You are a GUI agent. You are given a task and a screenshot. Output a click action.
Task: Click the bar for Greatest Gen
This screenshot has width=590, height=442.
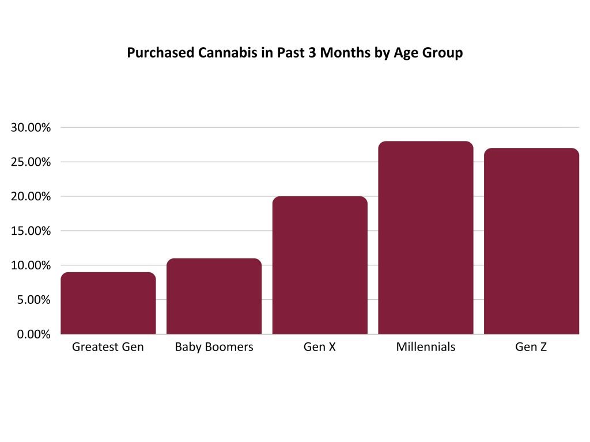[x=108, y=303]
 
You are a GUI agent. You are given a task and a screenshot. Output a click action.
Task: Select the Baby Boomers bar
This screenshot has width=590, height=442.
[x=214, y=296]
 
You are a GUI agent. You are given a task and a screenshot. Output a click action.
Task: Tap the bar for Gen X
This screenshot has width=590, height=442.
[x=320, y=265]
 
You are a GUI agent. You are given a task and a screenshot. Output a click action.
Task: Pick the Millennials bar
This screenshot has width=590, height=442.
[x=426, y=238]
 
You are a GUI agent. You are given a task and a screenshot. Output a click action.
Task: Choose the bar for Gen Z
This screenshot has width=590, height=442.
[x=531, y=241]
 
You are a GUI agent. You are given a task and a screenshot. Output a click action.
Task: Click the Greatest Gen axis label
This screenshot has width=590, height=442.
[x=108, y=348]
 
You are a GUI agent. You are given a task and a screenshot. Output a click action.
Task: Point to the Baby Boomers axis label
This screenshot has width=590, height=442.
[x=214, y=348]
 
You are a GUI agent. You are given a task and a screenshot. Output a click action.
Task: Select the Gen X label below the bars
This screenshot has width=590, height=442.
[x=320, y=348]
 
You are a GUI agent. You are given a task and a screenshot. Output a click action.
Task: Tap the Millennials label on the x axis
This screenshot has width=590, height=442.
[x=426, y=348]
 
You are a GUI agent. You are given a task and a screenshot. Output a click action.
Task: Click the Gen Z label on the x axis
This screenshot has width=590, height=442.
[x=531, y=348]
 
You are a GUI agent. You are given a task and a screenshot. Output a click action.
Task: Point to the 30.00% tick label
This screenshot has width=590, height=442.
[x=31, y=128]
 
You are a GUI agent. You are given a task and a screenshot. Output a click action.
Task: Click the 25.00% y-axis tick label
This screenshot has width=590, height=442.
[x=31, y=162]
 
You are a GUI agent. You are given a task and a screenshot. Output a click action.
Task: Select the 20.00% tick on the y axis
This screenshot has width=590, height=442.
[x=31, y=197]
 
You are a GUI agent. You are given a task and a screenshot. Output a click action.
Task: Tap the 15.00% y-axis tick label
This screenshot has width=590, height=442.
[x=31, y=231]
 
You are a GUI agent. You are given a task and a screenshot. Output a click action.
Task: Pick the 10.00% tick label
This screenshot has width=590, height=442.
[x=31, y=266]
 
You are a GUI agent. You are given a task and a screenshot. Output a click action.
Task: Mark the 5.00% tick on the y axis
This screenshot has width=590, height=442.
[x=34, y=300]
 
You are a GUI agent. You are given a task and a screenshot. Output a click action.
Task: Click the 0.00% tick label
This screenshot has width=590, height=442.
[x=34, y=334]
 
